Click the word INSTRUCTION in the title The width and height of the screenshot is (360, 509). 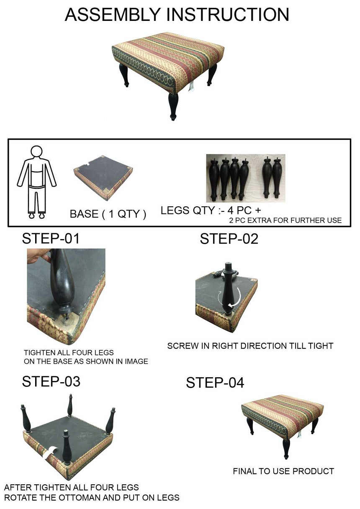coord(228,15)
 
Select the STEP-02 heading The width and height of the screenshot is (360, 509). coord(229,239)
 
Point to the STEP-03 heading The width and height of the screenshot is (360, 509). coord(51,381)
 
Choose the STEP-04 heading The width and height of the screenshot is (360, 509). coord(215,383)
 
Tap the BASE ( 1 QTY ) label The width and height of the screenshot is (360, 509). coord(108,214)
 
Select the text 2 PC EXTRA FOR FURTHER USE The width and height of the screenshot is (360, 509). coord(285,220)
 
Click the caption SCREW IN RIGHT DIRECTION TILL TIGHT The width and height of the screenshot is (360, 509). coord(250,346)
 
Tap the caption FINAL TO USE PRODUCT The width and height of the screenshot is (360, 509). coord(283,471)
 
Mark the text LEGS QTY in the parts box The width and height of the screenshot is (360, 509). coord(188,211)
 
